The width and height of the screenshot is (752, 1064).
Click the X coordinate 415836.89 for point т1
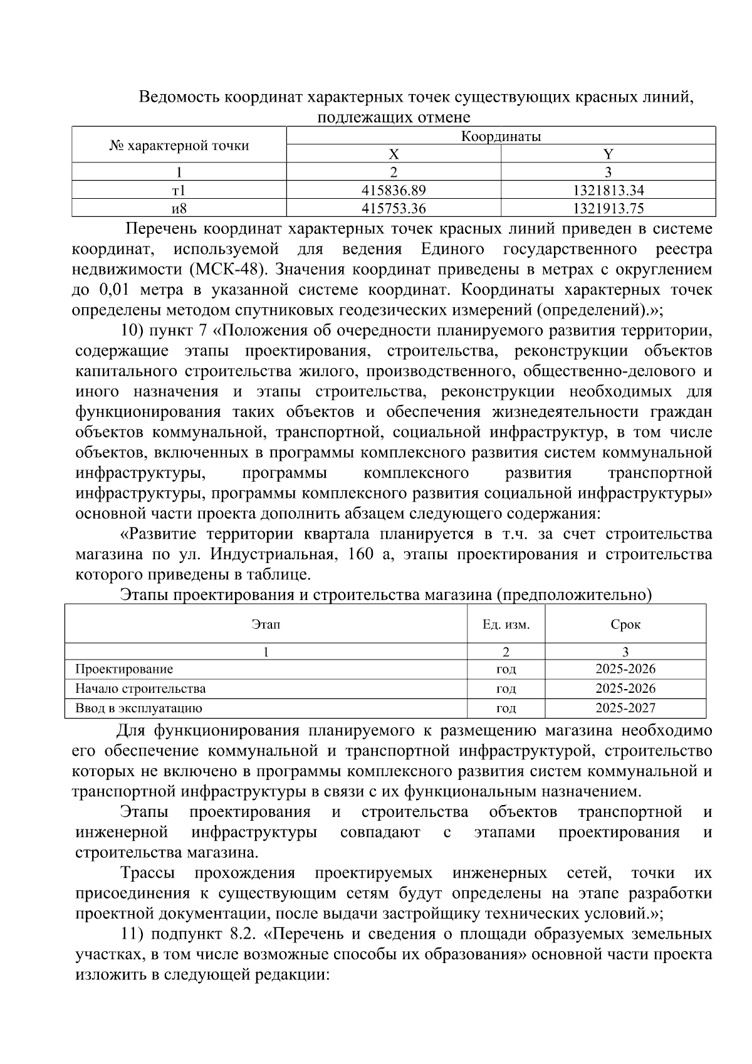(394, 190)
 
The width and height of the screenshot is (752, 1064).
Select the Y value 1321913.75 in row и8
(608, 208)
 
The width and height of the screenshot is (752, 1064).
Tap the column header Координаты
(501, 136)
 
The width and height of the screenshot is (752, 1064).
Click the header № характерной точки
(179, 145)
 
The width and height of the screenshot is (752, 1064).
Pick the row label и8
(179, 208)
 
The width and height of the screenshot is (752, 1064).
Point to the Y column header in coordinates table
(608, 154)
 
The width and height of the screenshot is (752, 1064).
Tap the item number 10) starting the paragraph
(133, 330)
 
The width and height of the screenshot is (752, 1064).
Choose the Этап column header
(266, 624)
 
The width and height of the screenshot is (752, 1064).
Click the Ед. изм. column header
(506, 624)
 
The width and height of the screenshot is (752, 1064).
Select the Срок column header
(625, 624)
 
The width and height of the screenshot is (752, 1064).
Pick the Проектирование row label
(124, 669)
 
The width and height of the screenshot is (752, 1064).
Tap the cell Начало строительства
(140, 688)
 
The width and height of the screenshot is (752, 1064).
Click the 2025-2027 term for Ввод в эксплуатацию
(625, 708)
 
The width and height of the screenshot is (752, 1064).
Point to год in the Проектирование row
(506, 669)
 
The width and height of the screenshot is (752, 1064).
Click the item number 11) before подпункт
(133, 934)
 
